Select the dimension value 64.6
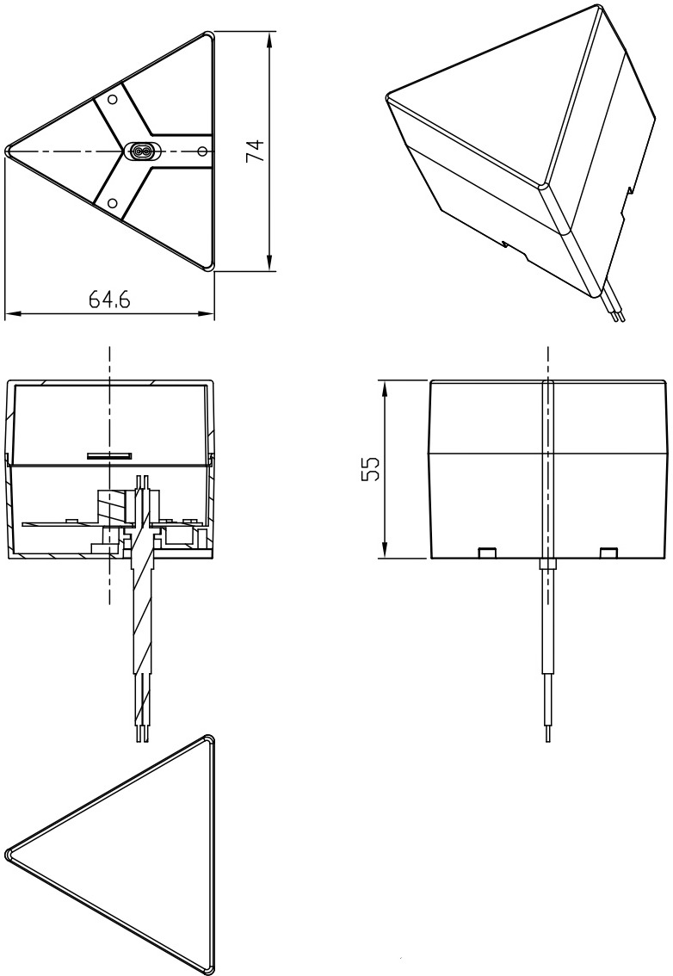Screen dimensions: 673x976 109,300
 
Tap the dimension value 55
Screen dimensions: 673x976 370,469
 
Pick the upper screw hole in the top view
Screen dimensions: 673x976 113,99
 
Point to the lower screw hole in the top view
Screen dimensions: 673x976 112,203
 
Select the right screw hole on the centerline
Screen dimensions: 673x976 201,151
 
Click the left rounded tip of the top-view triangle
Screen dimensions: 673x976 8,151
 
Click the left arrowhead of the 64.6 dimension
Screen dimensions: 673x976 13,314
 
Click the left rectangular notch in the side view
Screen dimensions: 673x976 487,552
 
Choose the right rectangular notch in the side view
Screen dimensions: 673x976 608,552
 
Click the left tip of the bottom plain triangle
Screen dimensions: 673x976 9,853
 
